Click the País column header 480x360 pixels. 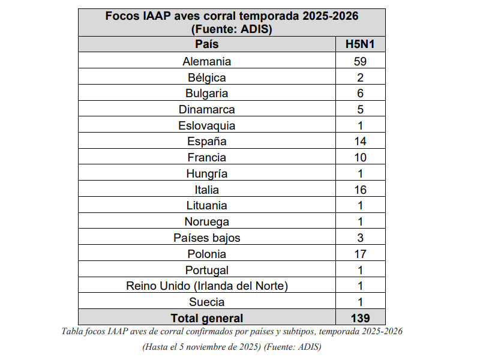pos(206,44)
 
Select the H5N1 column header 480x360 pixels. pos(360,44)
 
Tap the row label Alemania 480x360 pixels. pos(206,61)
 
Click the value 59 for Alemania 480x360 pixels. pos(360,61)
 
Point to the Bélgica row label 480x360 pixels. pos(206,77)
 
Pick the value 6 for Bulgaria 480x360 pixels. pos(360,94)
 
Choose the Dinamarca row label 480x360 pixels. pos(206,110)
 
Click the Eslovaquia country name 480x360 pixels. pos(206,126)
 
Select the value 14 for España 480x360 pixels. pos(360,142)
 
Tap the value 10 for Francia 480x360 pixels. pos(360,158)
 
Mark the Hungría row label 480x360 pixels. pos(206,174)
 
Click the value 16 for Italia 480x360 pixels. pos(360,190)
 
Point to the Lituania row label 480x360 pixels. pos(206,206)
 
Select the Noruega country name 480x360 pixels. pos(206,222)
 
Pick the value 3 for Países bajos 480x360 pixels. pos(360,238)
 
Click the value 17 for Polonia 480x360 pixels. pos(360,254)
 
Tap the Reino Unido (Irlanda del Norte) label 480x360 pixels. pos(206,286)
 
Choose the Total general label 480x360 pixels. pos(206,318)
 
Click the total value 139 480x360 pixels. pos(360,318)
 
